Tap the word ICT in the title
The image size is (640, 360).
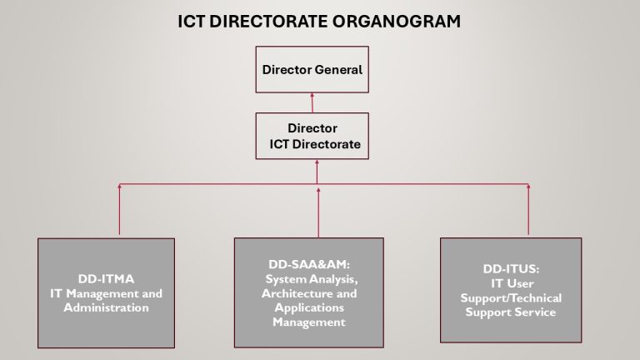191,21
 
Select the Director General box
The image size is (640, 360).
312,69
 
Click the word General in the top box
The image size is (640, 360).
338,70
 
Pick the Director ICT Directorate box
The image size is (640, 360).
312,136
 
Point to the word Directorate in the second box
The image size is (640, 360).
327,144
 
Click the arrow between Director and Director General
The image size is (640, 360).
312,102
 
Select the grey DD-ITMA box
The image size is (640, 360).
106,293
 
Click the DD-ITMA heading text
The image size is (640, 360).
106,279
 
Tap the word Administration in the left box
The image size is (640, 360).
106,307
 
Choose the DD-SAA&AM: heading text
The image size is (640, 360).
309,264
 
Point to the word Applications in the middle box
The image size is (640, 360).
309,307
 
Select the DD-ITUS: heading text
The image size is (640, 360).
511,269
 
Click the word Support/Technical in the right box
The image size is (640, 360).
511,298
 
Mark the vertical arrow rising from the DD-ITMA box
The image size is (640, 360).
120,209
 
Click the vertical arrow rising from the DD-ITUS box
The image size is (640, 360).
528,209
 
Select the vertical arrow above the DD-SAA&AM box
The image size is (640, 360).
318,212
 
